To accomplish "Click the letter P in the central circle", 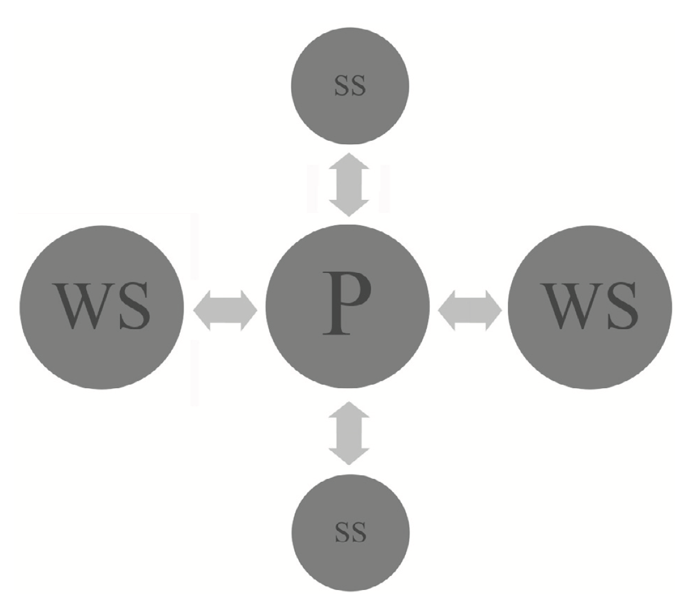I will (346, 303).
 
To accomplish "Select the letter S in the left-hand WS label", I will (134, 306).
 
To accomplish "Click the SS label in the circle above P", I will (350, 86).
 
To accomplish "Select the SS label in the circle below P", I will (350, 532).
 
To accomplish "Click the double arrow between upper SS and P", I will (348, 184).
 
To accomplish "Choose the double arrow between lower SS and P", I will (348, 432).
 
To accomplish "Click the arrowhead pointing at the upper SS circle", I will (348, 162).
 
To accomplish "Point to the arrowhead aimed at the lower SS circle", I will (348, 455).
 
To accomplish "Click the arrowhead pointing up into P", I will (348, 410).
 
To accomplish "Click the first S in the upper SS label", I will (342, 86).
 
